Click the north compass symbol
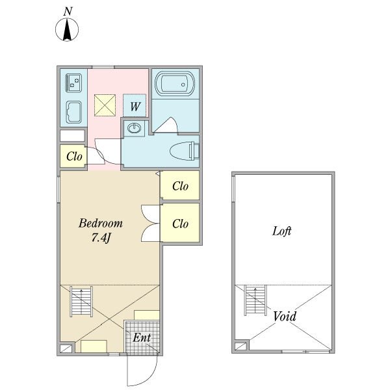coord(67,30)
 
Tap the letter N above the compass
coord(68,12)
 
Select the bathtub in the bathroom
coord(175,84)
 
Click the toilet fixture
coord(185,151)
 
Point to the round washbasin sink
coord(134,128)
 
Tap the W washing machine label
coord(135,107)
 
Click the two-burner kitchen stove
coord(73,83)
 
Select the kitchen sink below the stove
coord(73,112)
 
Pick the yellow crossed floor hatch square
coord(105,105)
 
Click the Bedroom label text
coord(101,223)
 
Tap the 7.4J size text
coord(101,237)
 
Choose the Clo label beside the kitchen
coord(74,157)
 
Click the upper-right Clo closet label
coord(180,186)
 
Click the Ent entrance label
coord(142,337)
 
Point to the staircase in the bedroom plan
coord(81,302)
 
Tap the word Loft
coord(281,231)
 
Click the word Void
coord(285,317)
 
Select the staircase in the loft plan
coord(255,300)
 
